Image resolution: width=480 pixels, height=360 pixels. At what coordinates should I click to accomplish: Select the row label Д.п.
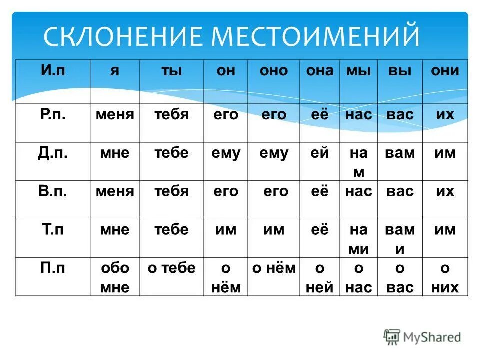point(53,153)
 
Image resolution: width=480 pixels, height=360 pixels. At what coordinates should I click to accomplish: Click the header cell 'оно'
point(273,70)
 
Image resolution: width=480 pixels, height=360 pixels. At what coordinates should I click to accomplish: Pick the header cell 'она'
point(319,70)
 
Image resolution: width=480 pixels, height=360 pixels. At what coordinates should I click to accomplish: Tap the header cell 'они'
point(445,70)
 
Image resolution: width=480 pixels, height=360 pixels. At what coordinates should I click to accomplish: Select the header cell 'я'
point(114,70)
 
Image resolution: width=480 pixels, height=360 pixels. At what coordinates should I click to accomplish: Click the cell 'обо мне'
point(115,278)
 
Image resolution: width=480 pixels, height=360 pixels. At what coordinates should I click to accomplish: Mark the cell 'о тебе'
point(171,268)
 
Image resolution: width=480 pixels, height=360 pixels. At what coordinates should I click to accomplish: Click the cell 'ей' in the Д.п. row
point(319,153)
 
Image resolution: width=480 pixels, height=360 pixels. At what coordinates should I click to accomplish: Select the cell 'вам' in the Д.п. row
point(400,153)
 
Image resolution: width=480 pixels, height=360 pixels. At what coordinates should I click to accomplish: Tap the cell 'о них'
point(444,278)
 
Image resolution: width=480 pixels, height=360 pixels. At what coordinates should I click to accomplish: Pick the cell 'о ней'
point(319,278)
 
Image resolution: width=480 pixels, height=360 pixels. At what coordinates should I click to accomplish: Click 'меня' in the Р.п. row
point(115,114)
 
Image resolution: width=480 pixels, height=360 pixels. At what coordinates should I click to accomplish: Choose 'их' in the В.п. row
point(445,191)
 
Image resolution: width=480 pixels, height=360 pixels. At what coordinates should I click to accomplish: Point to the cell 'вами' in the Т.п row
point(400,239)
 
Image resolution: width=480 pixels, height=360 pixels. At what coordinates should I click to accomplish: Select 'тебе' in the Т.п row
point(171,230)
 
